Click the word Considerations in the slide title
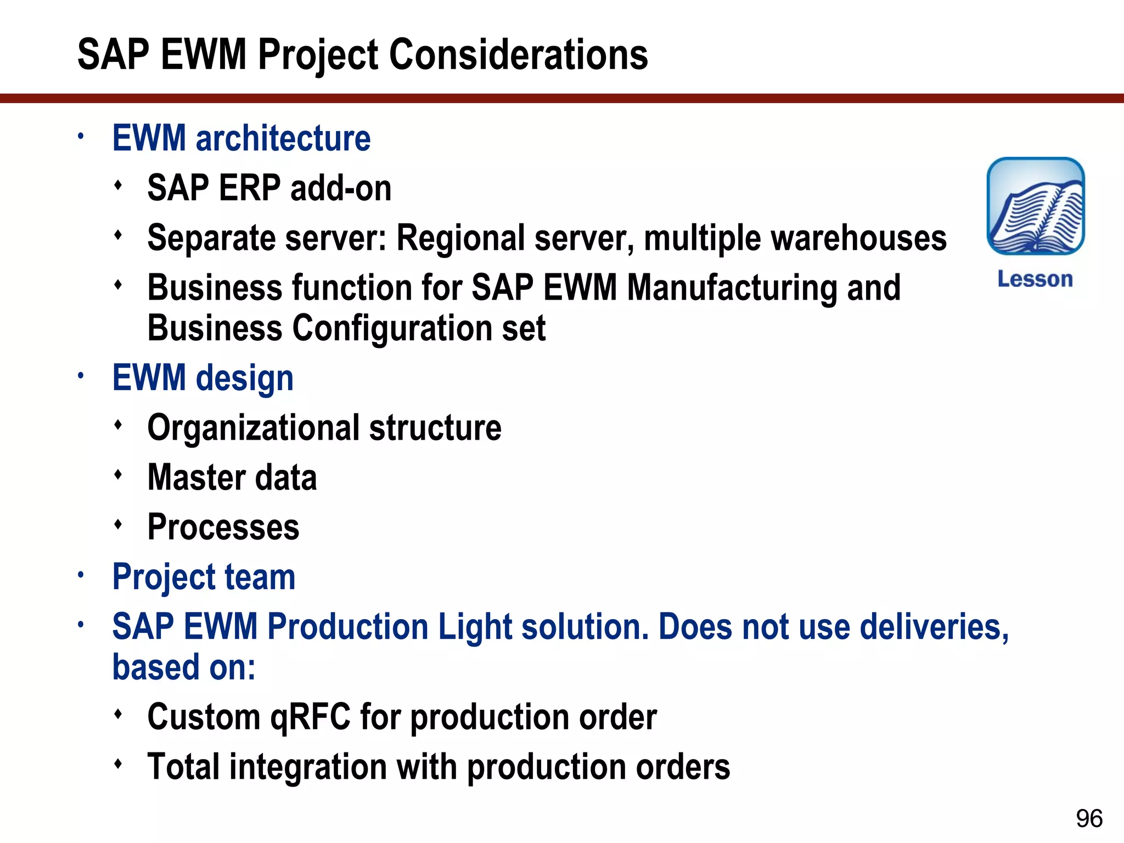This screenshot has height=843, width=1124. click(518, 55)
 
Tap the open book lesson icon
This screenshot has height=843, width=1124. click(1035, 206)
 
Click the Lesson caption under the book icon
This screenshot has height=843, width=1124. click(1035, 279)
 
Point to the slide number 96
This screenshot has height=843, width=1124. click(1089, 818)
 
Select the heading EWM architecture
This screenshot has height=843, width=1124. click(241, 138)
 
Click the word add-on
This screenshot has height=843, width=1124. click(340, 188)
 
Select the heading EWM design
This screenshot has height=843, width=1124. click(203, 378)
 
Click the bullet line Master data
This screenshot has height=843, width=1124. click(232, 477)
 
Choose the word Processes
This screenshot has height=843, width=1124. click(223, 527)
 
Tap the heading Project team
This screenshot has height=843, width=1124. click(204, 577)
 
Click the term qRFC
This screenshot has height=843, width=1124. click(310, 717)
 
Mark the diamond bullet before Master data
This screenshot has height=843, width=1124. click(118, 475)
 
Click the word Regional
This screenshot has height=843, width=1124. click(461, 238)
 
